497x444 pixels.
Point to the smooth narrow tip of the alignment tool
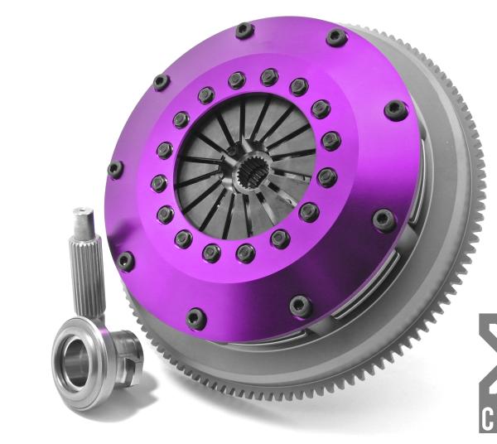point(82,221)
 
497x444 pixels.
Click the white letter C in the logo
point(487,420)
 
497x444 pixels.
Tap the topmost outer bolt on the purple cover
point(244,31)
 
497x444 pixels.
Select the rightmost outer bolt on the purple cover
point(396,110)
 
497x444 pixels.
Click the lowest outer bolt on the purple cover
point(196,318)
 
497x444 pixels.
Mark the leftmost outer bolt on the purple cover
point(115,170)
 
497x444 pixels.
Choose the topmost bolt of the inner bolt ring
point(268,77)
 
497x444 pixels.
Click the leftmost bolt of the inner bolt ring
point(158,182)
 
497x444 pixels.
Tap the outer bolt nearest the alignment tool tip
point(125,260)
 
